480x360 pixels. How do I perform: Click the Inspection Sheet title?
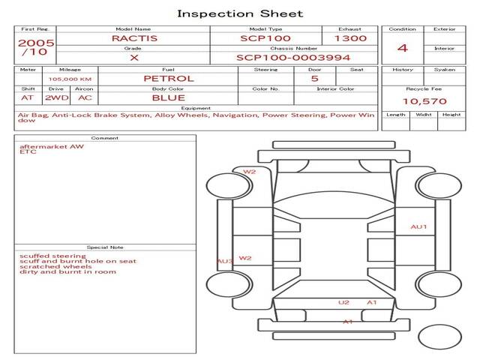click(x=240, y=13)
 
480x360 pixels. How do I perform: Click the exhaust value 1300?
click(x=350, y=38)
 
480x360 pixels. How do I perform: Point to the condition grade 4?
click(x=402, y=49)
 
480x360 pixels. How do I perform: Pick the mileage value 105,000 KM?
click(x=70, y=79)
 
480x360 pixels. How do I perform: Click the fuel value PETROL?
click(x=168, y=79)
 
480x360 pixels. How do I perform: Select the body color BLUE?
click(x=168, y=97)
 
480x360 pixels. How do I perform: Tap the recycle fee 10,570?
click(x=424, y=101)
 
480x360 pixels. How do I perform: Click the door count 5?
click(x=314, y=79)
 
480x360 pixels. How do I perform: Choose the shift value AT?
click(x=28, y=97)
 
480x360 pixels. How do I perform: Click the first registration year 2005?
click(x=35, y=43)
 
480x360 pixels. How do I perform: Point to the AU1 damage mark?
click(x=418, y=226)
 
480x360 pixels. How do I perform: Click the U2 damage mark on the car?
click(x=343, y=303)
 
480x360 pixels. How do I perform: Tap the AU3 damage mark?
click(x=224, y=262)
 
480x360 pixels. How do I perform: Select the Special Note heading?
click(x=105, y=247)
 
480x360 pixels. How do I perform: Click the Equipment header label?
click(x=196, y=108)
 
